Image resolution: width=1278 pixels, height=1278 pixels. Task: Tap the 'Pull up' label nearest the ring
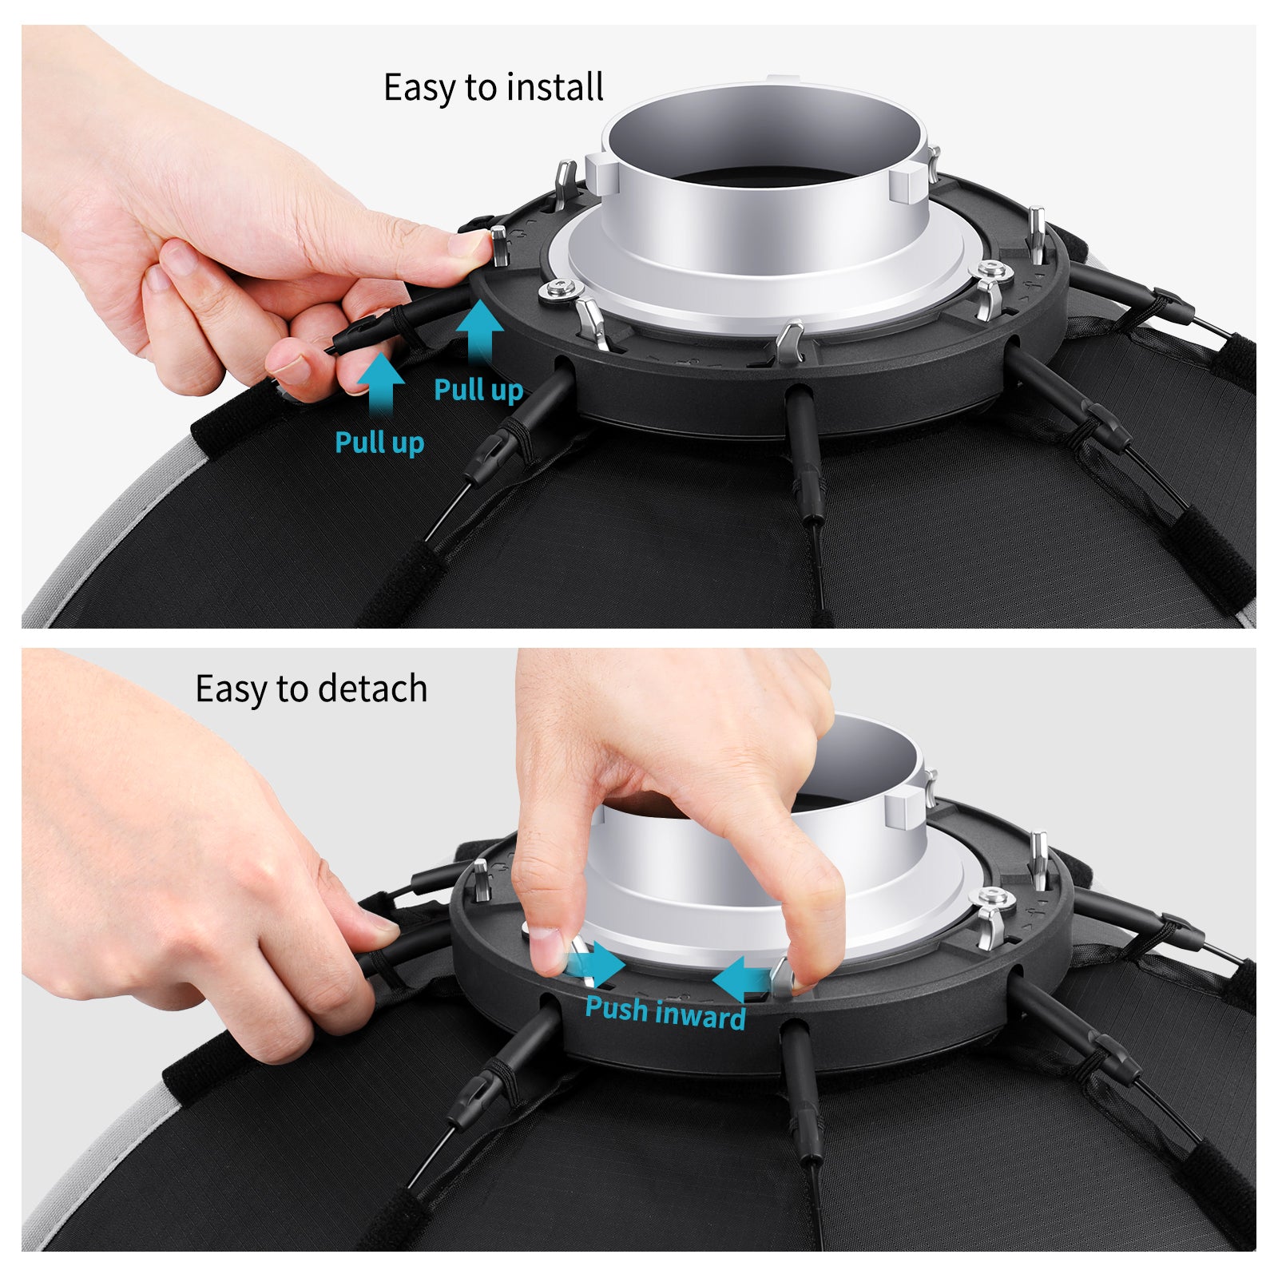click(x=478, y=390)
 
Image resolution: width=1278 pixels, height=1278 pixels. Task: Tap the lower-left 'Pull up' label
click(x=379, y=442)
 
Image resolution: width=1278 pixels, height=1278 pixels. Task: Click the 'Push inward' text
click(x=665, y=1013)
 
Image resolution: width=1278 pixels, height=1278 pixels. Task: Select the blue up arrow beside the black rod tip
click(x=381, y=382)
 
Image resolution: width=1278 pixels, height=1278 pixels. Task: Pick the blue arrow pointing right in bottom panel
click(x=601, y=963)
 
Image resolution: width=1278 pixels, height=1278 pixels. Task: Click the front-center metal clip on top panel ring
click(x=790, y=342)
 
